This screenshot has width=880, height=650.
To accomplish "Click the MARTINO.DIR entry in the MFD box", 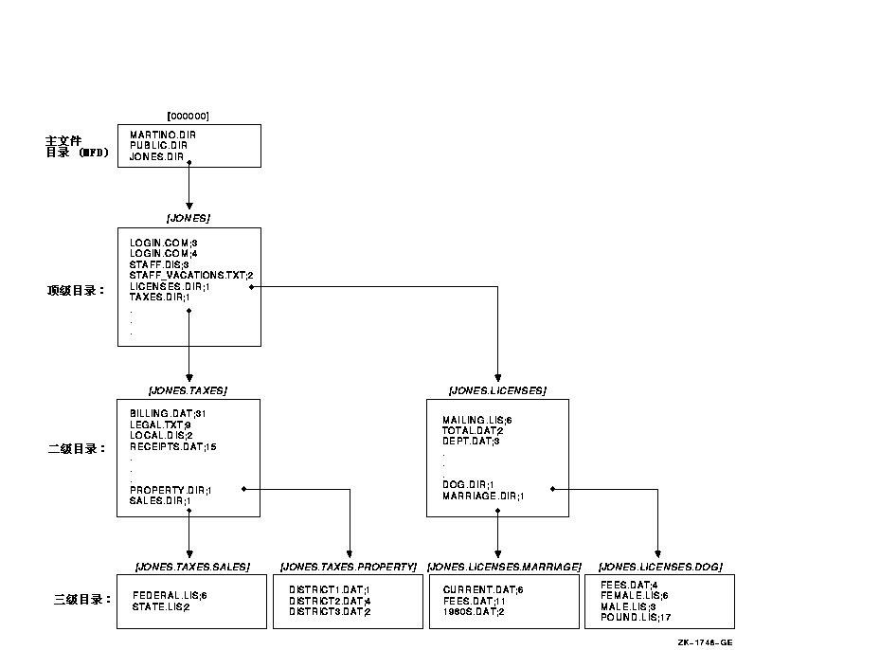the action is click(163, 135).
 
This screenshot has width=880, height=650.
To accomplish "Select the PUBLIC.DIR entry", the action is click(158, 145).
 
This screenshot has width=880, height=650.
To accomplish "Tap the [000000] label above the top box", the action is click(188, 117).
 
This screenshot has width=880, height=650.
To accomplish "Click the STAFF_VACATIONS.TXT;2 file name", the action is click(191, 275).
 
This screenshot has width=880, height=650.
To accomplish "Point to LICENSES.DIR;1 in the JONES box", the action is click(170, 286).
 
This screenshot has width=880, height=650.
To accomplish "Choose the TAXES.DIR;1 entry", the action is click(159, 297).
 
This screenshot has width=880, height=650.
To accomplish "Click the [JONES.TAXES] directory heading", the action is click(188, 390).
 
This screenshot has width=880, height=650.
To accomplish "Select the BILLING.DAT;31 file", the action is click(168, 414).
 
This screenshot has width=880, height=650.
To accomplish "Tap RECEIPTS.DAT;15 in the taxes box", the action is click(172, 447).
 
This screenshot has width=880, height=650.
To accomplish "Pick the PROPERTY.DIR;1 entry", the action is click(171, 490).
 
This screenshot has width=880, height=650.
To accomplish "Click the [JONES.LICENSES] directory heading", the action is click(497, 390).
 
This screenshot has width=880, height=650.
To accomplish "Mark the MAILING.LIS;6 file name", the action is click(477, 420).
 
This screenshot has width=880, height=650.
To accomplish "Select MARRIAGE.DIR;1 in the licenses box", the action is click(483, 496).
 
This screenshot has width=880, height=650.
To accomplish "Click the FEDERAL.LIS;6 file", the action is click(170, 596).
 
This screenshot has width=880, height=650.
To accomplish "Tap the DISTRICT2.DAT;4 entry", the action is click(330, 601).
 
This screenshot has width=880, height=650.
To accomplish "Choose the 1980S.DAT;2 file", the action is click(474, 611).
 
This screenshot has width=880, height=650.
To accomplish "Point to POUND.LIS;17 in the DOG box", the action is click(636, 617).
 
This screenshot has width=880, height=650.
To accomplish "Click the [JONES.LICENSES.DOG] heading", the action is click(660, 567).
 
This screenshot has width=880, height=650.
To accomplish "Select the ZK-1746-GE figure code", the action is click(705, 642).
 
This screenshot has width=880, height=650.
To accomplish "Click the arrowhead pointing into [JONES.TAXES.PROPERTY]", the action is click(350, 554).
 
